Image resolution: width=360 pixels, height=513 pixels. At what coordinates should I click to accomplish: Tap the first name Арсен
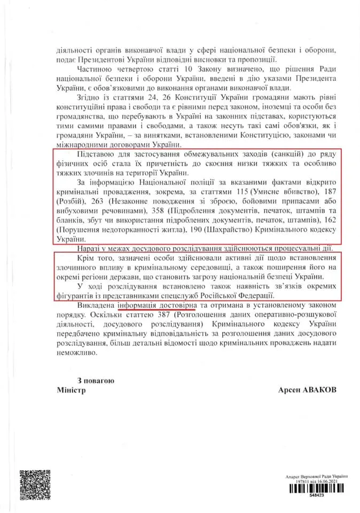point(289,390)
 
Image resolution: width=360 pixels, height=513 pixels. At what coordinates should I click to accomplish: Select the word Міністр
point(71,390)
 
